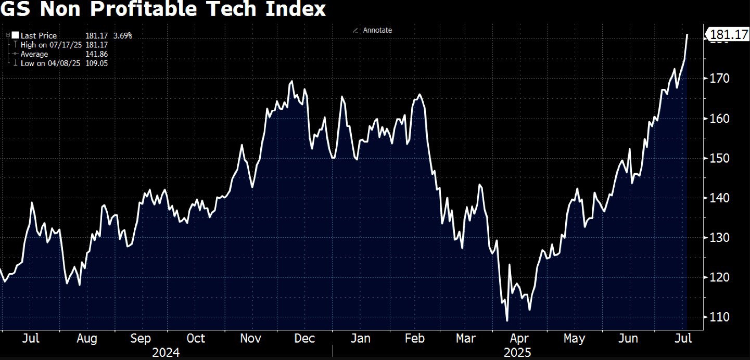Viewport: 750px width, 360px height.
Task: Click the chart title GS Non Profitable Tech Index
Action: point(163,9)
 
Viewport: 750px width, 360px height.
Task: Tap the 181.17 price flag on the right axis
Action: point(727,35)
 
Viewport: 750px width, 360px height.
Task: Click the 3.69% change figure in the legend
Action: point(123,36)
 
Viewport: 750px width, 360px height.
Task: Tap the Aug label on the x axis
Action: point(86,339)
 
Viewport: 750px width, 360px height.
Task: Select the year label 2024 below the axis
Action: point(166,353)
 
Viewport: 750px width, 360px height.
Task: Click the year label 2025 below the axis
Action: point(517,353)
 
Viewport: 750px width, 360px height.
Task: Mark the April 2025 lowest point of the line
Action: point(506,320)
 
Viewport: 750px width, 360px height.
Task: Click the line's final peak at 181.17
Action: point(688,34)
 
